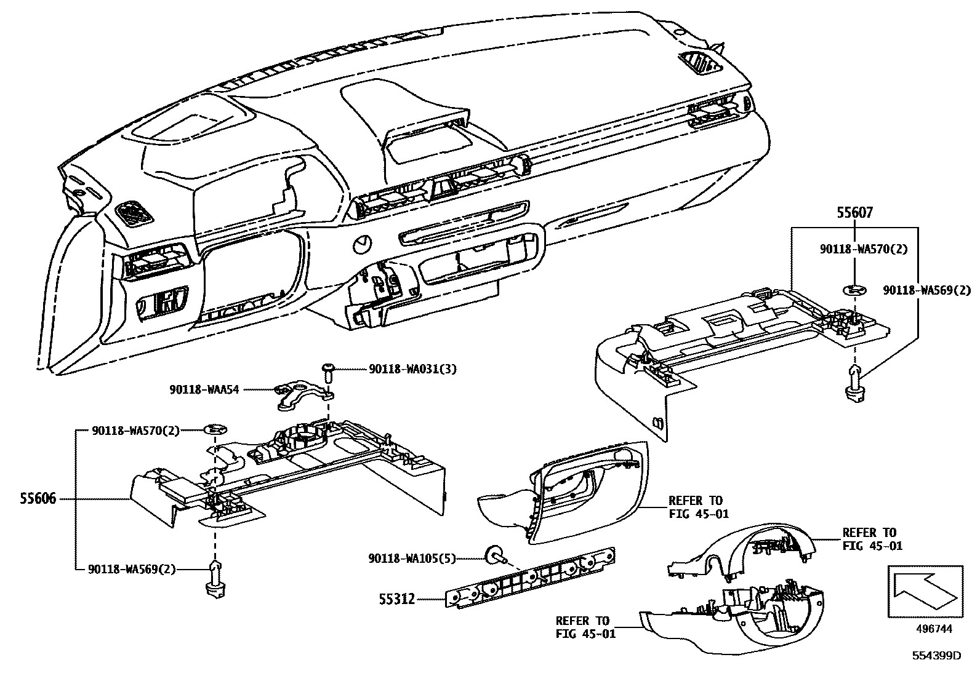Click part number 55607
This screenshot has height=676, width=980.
[854, 213]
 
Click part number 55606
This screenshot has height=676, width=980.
[38, 498]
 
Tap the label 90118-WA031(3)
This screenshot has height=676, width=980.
[412, 369]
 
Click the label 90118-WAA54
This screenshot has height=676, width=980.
[204, 389]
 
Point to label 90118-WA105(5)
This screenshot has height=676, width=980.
[412, 559]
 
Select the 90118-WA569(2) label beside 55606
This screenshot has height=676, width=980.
[134, 570]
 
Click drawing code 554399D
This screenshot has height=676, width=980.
[936, 656]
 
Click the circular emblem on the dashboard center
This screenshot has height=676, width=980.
[363, 245]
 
